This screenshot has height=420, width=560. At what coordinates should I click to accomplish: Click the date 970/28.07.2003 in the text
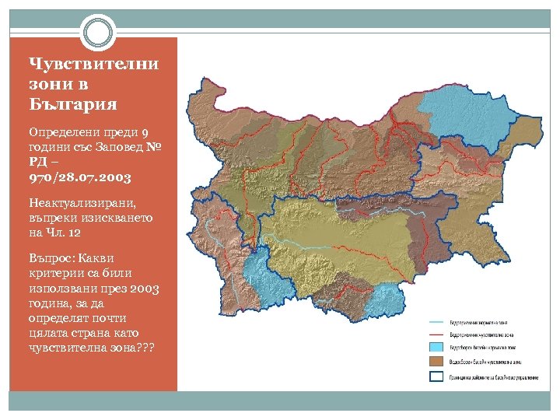click(x=79, y=177)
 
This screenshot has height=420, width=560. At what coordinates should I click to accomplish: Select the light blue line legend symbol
click(x=436, y=322)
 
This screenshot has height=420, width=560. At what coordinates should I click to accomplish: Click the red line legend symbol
click(x=436, y=334)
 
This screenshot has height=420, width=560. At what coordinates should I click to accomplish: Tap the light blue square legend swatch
click(x=436, y=347)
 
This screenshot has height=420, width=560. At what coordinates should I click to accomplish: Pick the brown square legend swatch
click(x=436, y=361)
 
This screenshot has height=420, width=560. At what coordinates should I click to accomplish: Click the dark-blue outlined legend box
click(x=436, y=376)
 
